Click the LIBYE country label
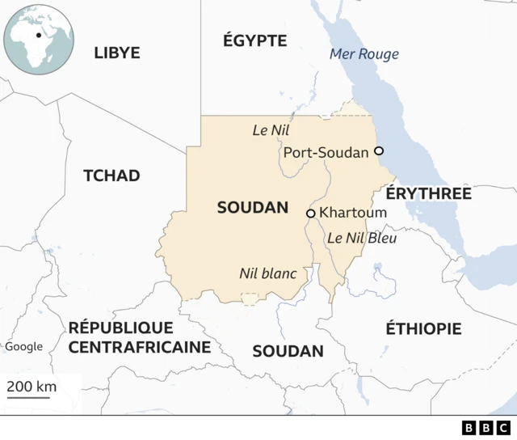pos(117,53)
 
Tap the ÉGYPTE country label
pos(255,40)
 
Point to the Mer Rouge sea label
pos(364,54)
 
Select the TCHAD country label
pos(111,176)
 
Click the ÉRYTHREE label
pos(428,194)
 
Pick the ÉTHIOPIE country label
pos(423,328)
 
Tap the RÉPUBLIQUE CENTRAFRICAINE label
pos(140,337)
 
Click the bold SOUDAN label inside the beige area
pos(253,208)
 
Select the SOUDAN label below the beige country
pos(288,351)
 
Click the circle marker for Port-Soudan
pos(378,151)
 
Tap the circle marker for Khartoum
pos(310,214)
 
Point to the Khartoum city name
pos(353,213)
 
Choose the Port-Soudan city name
pos(326,152)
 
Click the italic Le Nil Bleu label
pos(362,239)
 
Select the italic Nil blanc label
pos(267,273)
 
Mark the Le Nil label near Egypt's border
pos(271,129)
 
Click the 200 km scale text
pos(32,386)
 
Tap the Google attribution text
pos(24,347)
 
